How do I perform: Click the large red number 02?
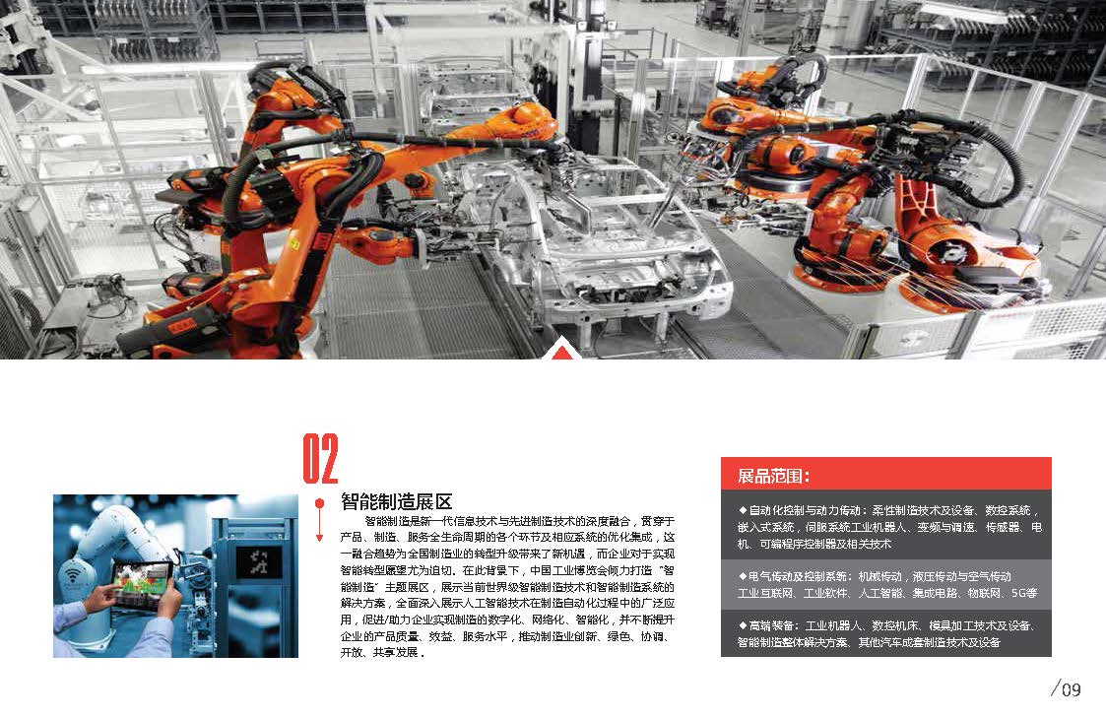pyautogui.click(x=320, y=458)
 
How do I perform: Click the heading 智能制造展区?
pyautogui.click(x=397, y=501)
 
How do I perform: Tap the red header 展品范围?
pyautogui.click(x=773, y=476)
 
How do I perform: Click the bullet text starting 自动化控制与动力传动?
pyautogui.click(x=889, y=527)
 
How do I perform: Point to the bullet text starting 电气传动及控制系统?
pyautogui.click(x=887, y=585)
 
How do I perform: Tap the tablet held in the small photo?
pyautogui.click(x=144, y=582)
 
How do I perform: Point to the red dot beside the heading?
pyautogui.click(x=319, y=503)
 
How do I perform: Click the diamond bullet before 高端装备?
pyautogui.click(x=742, y=625)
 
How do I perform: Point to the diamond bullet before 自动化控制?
pyautogui.click(x=742, y=510)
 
